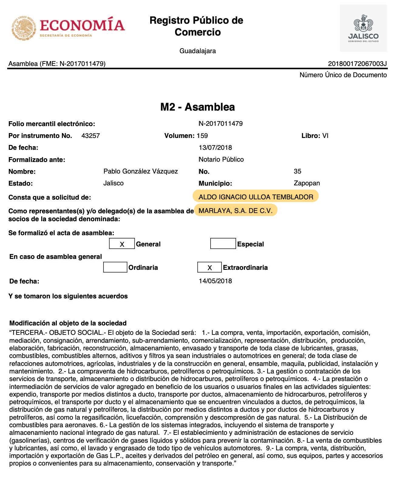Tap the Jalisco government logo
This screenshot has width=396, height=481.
click(x=363, y=28)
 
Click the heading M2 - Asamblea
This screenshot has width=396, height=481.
click(x=198, y=107)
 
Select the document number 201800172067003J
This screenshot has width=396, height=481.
click(x=357, y=64)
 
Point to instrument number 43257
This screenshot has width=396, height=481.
click(x=90, y=136)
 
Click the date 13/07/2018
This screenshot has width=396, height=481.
click(x=215, y=148)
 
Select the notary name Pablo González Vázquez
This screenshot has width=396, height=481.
click(x=140, y=171)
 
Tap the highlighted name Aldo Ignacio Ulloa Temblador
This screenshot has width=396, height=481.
click(x=256, y=197)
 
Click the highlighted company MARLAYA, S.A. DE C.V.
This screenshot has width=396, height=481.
click(x=235, y=211)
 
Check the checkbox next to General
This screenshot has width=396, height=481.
click(x=122, y=244)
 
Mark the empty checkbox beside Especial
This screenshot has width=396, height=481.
click(x=223, y=244)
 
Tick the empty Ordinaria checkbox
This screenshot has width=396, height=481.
click(x=115, y=267)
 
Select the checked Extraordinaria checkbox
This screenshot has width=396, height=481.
click(x=209, y=267)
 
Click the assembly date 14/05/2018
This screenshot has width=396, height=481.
click(x=215, y=281)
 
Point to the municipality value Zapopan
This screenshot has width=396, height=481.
click(x=306, y=183)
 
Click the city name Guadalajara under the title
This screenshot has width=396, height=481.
click(x=198, y=51)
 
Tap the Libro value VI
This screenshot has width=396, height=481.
click(x=325, y=136)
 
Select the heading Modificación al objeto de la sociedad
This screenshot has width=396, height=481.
click(x=68, y=323)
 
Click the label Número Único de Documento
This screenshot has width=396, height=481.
click(x=343, y=75)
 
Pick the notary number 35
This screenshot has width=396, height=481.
click(x=297, y=171)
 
